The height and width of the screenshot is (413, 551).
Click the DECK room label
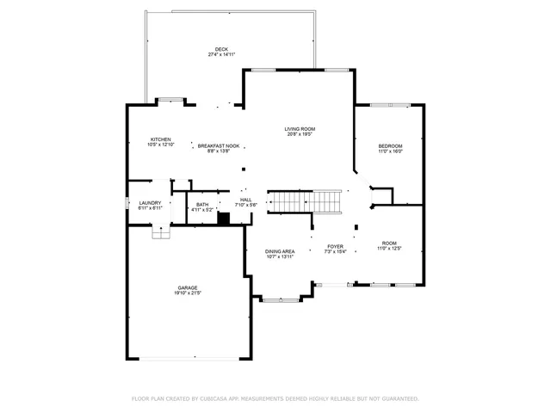point(221,48)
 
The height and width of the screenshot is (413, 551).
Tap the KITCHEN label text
point(160,139)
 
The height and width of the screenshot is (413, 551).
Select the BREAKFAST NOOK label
point(219,146)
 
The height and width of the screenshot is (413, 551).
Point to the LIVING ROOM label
point(299,129)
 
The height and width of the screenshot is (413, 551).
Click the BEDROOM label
point(390,146)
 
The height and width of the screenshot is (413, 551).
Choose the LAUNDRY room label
point(151,203)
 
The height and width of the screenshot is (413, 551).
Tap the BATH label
point(201,204)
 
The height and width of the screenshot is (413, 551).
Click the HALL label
point(246,200)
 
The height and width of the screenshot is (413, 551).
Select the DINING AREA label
point(280,251)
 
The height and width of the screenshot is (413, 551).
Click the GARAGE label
point(188,287)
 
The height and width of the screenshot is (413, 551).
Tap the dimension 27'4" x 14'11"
point(221,54)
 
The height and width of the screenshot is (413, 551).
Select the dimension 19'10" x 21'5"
point(188,293)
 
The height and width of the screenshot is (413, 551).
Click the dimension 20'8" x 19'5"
point(299,135)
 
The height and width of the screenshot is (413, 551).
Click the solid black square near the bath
point(224,218)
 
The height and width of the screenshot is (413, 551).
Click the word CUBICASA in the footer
point(209,398)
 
